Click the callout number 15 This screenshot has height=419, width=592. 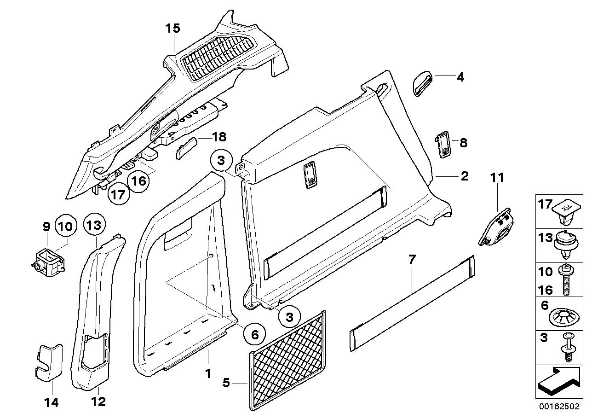click(172, 29)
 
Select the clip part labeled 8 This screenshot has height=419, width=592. click(444, 145)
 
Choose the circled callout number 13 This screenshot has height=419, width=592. click(95, 225)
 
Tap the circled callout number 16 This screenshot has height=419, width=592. click(138, 180)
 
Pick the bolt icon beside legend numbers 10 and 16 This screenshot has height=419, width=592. click(566, 280)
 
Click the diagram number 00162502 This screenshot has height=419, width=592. click(561, 407)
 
